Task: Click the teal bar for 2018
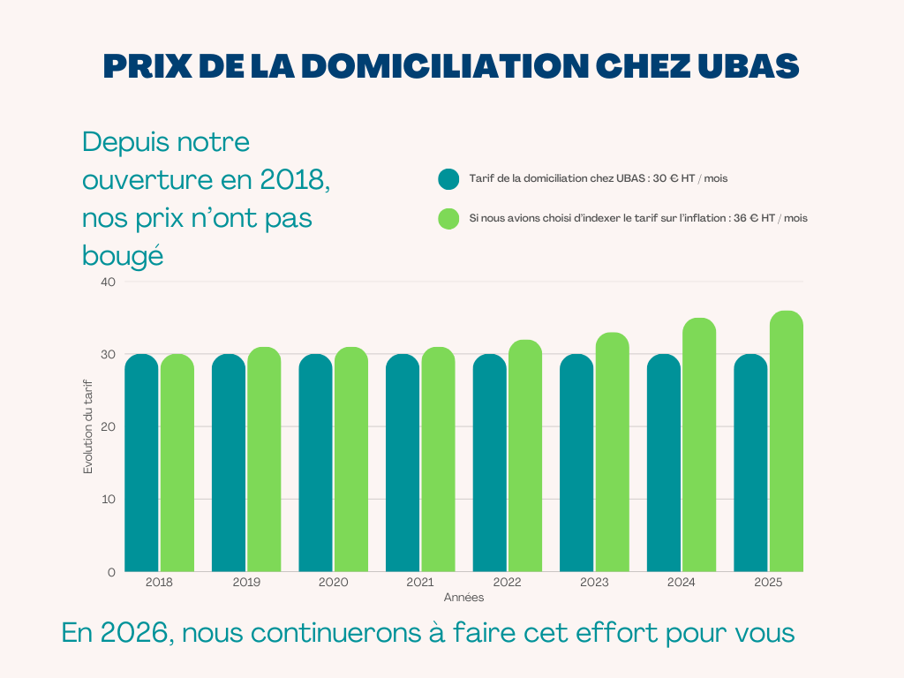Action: (141, 463)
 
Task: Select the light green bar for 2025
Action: (787, 441)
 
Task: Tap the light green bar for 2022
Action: (525, 456)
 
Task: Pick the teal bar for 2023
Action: (576, 463)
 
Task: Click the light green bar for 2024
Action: (699, 445)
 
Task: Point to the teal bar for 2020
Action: (315, 463)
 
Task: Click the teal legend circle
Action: (448, 178)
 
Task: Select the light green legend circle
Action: (448, 218)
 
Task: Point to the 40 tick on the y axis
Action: (108, 282)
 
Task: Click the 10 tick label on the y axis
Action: (108, 500)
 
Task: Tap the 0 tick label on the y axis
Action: (111, 572)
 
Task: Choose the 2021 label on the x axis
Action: (420, 583)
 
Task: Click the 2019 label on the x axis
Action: (246, 583)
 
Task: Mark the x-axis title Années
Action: (463, 598)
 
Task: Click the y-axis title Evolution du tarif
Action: (88, 426)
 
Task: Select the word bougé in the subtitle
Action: (123, 256)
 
